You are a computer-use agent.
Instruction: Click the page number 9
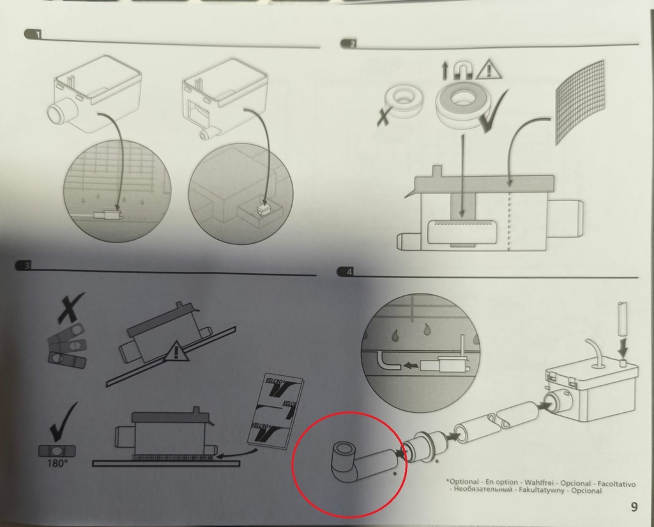[634, 507]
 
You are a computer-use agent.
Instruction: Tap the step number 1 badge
[33, 34]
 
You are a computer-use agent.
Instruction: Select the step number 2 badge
[349, 44]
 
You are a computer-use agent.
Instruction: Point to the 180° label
[57, 463]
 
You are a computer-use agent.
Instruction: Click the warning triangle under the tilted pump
[177, 351]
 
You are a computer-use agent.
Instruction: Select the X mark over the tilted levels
[70, 308]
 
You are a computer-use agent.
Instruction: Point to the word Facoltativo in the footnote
[616, 484]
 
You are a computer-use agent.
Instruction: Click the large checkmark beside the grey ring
[494, 111]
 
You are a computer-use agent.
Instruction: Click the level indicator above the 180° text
[57, 451]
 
